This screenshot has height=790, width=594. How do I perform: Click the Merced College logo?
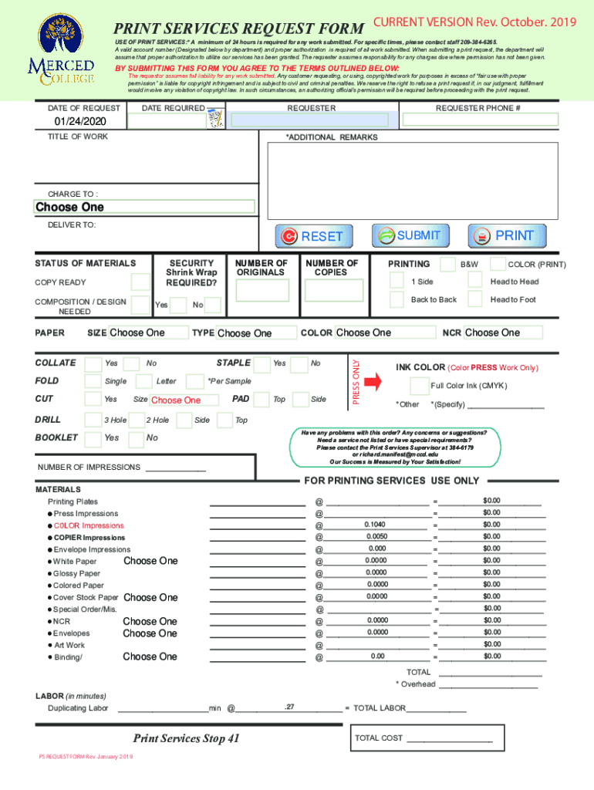pyautogui.click(x=61, y=51)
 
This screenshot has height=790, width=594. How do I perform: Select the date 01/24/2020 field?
pyautogui.click(x=81, y=122)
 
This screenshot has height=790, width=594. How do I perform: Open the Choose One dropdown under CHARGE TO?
pyautogui.click(x=144, y=207)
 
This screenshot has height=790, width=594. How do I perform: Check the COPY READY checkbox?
pyautogui.click(x=140, y=282)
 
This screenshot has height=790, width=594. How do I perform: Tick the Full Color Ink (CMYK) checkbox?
pyautogui.click(x=419, y=386)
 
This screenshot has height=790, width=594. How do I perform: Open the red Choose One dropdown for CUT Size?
pyautogui.click(x=176, y=400)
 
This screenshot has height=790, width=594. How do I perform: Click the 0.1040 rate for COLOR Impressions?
pyautogui.click(x=376, y=525)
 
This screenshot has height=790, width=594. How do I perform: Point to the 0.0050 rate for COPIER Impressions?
pyautogui.click(x=376, y=536)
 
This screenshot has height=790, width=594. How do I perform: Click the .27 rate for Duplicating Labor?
pyautogui.click(x=289, y=707)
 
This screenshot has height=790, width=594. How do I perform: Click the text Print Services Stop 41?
pyautogui.click(x=186, y=739)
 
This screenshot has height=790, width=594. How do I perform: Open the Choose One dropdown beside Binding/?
pyautogui.click(x=150, y=657)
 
